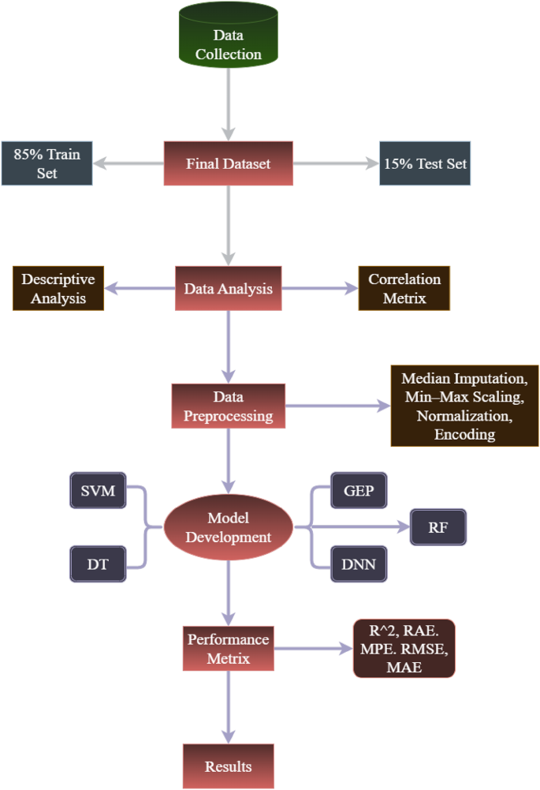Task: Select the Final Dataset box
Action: [229, 164]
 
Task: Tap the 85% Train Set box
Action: [47, 163]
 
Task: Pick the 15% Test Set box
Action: [425, 164]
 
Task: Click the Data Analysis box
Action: [229, 288]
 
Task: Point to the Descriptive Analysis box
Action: [58, 288]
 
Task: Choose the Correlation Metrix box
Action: [404, 288]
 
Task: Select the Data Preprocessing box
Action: [229, 406]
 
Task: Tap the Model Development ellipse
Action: [229, 527]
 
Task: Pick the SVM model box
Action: [98, 492]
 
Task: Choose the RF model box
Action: [438, 526]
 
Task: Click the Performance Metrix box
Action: [229, 647]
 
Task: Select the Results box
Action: [229, 766]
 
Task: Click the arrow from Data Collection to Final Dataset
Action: [229, 103]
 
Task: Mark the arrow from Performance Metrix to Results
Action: [229, 706]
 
